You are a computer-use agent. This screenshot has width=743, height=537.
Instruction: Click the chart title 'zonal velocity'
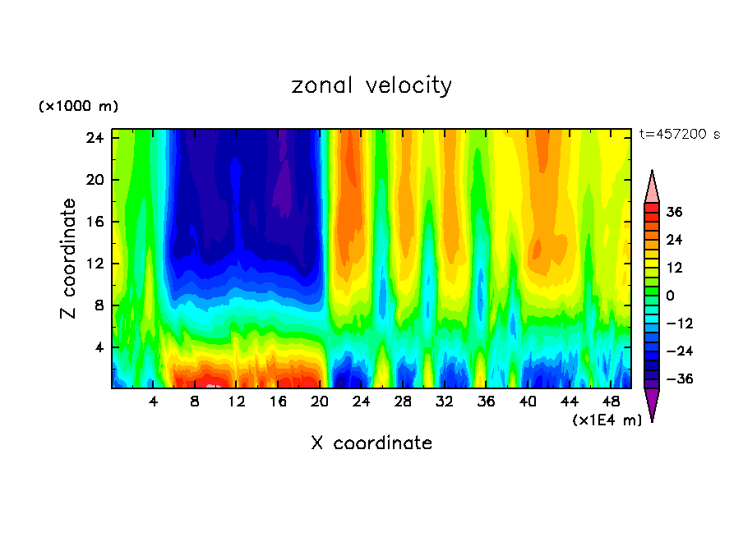[371, 85]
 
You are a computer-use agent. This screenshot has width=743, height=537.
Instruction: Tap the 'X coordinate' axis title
[371, 443]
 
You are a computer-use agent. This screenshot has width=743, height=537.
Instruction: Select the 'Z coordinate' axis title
[69, 259]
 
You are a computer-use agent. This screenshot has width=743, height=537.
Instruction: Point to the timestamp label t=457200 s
[679, 135]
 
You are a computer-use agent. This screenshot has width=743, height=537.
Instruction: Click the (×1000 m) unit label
[78, 107]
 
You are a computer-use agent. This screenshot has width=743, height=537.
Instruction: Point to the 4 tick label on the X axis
[154, 402]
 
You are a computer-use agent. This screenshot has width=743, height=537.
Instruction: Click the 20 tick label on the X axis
[320, 402]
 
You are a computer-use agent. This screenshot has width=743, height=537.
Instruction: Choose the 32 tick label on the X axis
[445, 402]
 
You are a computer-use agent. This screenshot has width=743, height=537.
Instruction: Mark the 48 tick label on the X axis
[611, 402]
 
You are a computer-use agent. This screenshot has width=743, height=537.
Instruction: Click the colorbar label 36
[675, 212]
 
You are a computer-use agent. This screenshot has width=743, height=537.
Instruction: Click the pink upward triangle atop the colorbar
[652, 188]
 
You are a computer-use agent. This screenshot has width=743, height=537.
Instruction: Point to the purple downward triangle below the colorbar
[652, 403]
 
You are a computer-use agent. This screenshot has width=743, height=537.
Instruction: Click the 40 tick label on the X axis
[528, 402]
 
